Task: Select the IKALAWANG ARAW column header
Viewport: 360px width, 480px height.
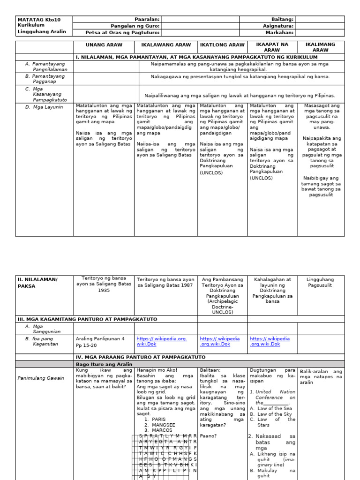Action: pos(166,45)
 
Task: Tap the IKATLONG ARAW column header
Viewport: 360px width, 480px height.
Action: pos(222,45)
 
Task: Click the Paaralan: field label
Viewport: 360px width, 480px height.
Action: pos(147,19)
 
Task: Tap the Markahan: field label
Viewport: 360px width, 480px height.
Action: pos(279,33)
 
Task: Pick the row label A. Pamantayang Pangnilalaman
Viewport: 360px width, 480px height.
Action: pos(45,66)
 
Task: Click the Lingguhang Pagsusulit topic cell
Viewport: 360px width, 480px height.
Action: pos(321,282)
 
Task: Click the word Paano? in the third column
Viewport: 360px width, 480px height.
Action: pos(207,435)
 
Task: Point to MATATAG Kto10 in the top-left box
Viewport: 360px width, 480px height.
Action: pos(39,19)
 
